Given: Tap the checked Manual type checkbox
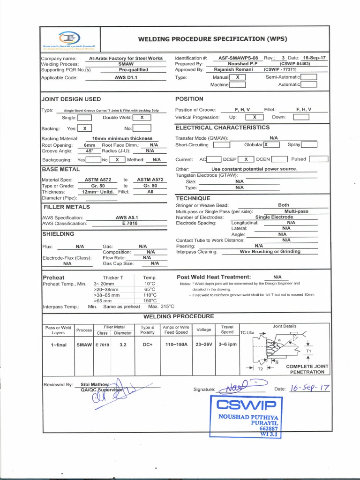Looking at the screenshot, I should coord(238,77).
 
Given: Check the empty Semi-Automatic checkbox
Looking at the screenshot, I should coord(309,77).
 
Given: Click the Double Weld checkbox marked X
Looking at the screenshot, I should coord(142,118).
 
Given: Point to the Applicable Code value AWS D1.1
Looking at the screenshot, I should coord(126,78).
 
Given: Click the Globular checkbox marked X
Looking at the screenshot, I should coord(269,145).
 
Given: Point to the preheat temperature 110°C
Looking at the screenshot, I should coord(150,295).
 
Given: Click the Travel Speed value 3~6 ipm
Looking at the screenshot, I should coord(227,345).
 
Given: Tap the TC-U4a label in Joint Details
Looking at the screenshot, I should coord(247,332).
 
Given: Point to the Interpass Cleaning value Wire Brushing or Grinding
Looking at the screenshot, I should coord(270,252).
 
